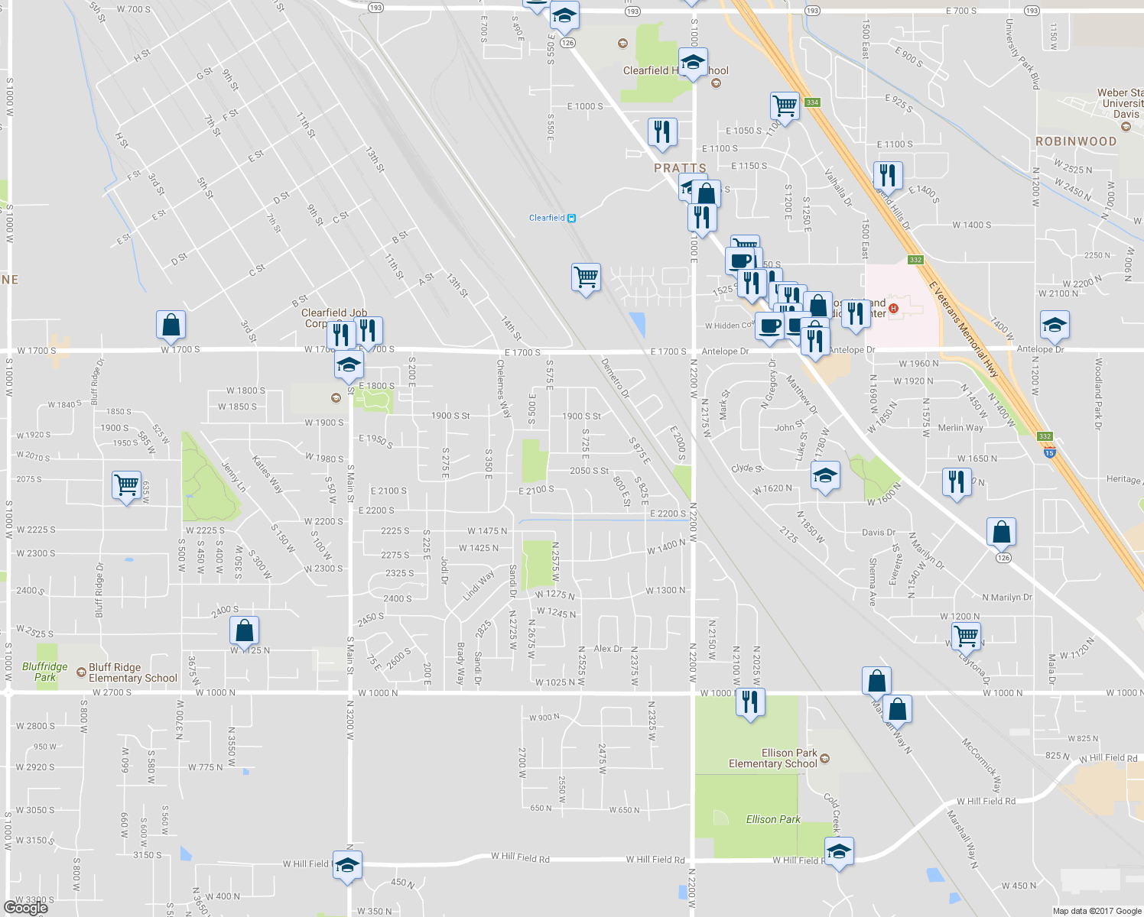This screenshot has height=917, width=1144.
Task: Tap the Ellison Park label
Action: coord(773,819)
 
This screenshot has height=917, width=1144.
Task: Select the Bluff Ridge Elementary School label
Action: coord(132,672)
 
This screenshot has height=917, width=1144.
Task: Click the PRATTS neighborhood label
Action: coord(680,168)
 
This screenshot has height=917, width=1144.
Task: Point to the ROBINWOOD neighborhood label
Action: coord(1075,141)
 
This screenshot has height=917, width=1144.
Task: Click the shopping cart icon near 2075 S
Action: coord(126,484)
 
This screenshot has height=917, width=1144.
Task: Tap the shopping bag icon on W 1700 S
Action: coord(171,324)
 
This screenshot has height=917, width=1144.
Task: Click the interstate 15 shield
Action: coord(1049,453)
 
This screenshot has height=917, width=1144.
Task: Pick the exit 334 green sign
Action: coord(811,102)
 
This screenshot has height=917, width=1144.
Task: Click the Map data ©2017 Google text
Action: coord(1097,911)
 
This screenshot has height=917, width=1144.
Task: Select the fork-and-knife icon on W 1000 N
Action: coord(750,701)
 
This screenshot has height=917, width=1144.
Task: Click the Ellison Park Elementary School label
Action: coord(773,758)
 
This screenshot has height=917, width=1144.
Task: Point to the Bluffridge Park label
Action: coord(44,672)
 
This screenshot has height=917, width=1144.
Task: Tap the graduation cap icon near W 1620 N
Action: coord(824,476)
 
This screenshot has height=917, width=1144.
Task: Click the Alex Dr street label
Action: coord(608,649)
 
